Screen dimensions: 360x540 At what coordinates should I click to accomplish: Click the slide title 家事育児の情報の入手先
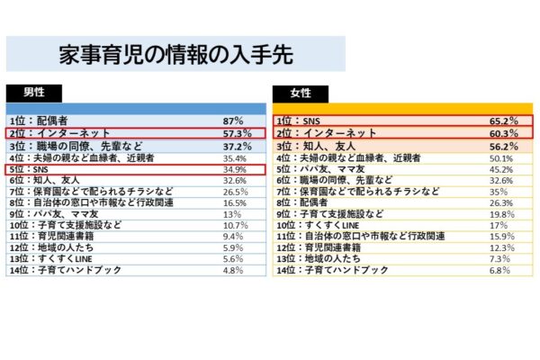[x=175, y=55]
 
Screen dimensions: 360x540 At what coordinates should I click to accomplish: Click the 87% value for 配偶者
[x=233, y=120]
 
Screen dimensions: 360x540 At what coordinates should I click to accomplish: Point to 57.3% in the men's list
[x=236, y=132]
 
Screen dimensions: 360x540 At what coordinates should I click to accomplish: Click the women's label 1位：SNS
[x=298, y=120]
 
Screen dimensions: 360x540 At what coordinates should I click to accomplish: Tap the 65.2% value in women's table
[x=502, y=120]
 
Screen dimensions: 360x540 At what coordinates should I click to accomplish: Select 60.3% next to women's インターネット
[x=502, y=132]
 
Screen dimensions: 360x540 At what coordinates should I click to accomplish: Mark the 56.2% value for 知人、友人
[x=502, y=146]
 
